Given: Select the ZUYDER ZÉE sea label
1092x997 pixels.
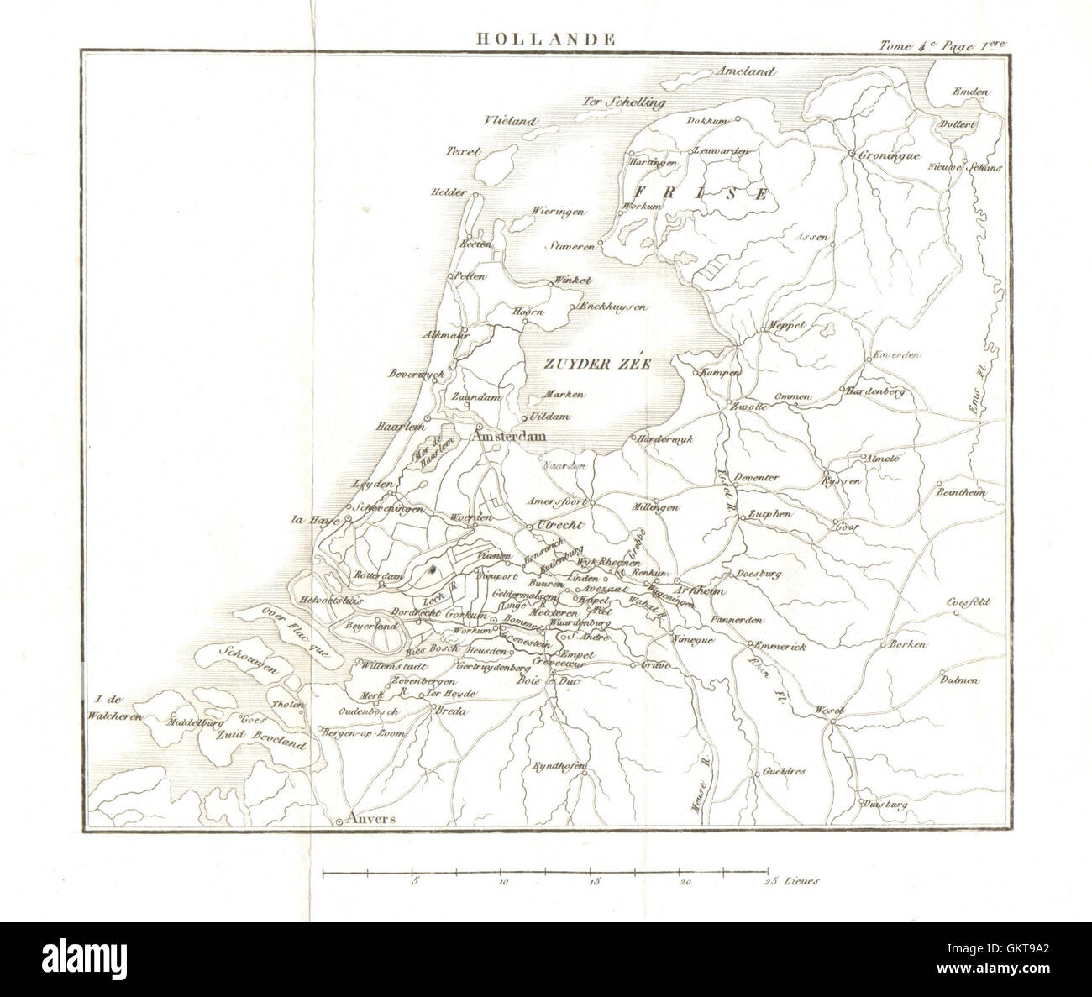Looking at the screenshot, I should tap(585, 365).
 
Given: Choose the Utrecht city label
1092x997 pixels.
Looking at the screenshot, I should tap(558, 524).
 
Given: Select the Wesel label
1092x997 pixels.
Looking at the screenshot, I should tap(829, 712).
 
